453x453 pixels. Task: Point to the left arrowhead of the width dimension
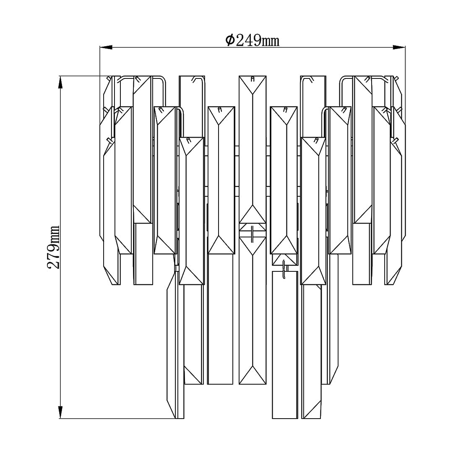pyautogui.click(x=106, y=47)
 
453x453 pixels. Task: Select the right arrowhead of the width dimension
pyautogui.click(x=399, y=47)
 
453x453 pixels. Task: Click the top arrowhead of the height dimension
pyautogui.click(x=61, y=82)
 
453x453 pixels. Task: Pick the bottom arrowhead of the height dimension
pyautogui.click(x=61, y=412)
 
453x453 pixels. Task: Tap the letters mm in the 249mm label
pyautogui.click(x=271, y=42)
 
